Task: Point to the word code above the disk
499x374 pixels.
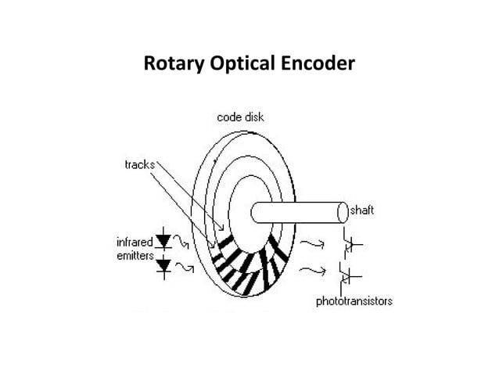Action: click(x=228, y=117)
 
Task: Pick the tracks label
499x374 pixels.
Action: click(x=140, y=164)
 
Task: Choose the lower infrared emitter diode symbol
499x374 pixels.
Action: click(x=163, y=266)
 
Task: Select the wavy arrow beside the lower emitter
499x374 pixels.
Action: click(x=185, y=268)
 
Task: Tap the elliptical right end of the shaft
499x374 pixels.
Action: click(x=343, y=212)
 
